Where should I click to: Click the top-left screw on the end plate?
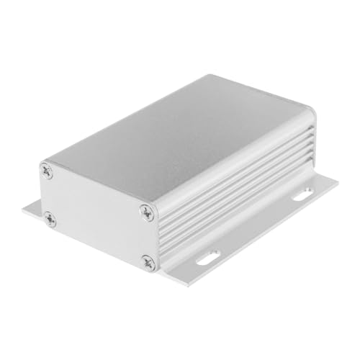coord(48,171)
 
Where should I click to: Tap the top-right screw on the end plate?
coord(146,212)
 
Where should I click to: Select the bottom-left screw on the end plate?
coord(49,217)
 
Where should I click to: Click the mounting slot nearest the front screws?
coord(210,254)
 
